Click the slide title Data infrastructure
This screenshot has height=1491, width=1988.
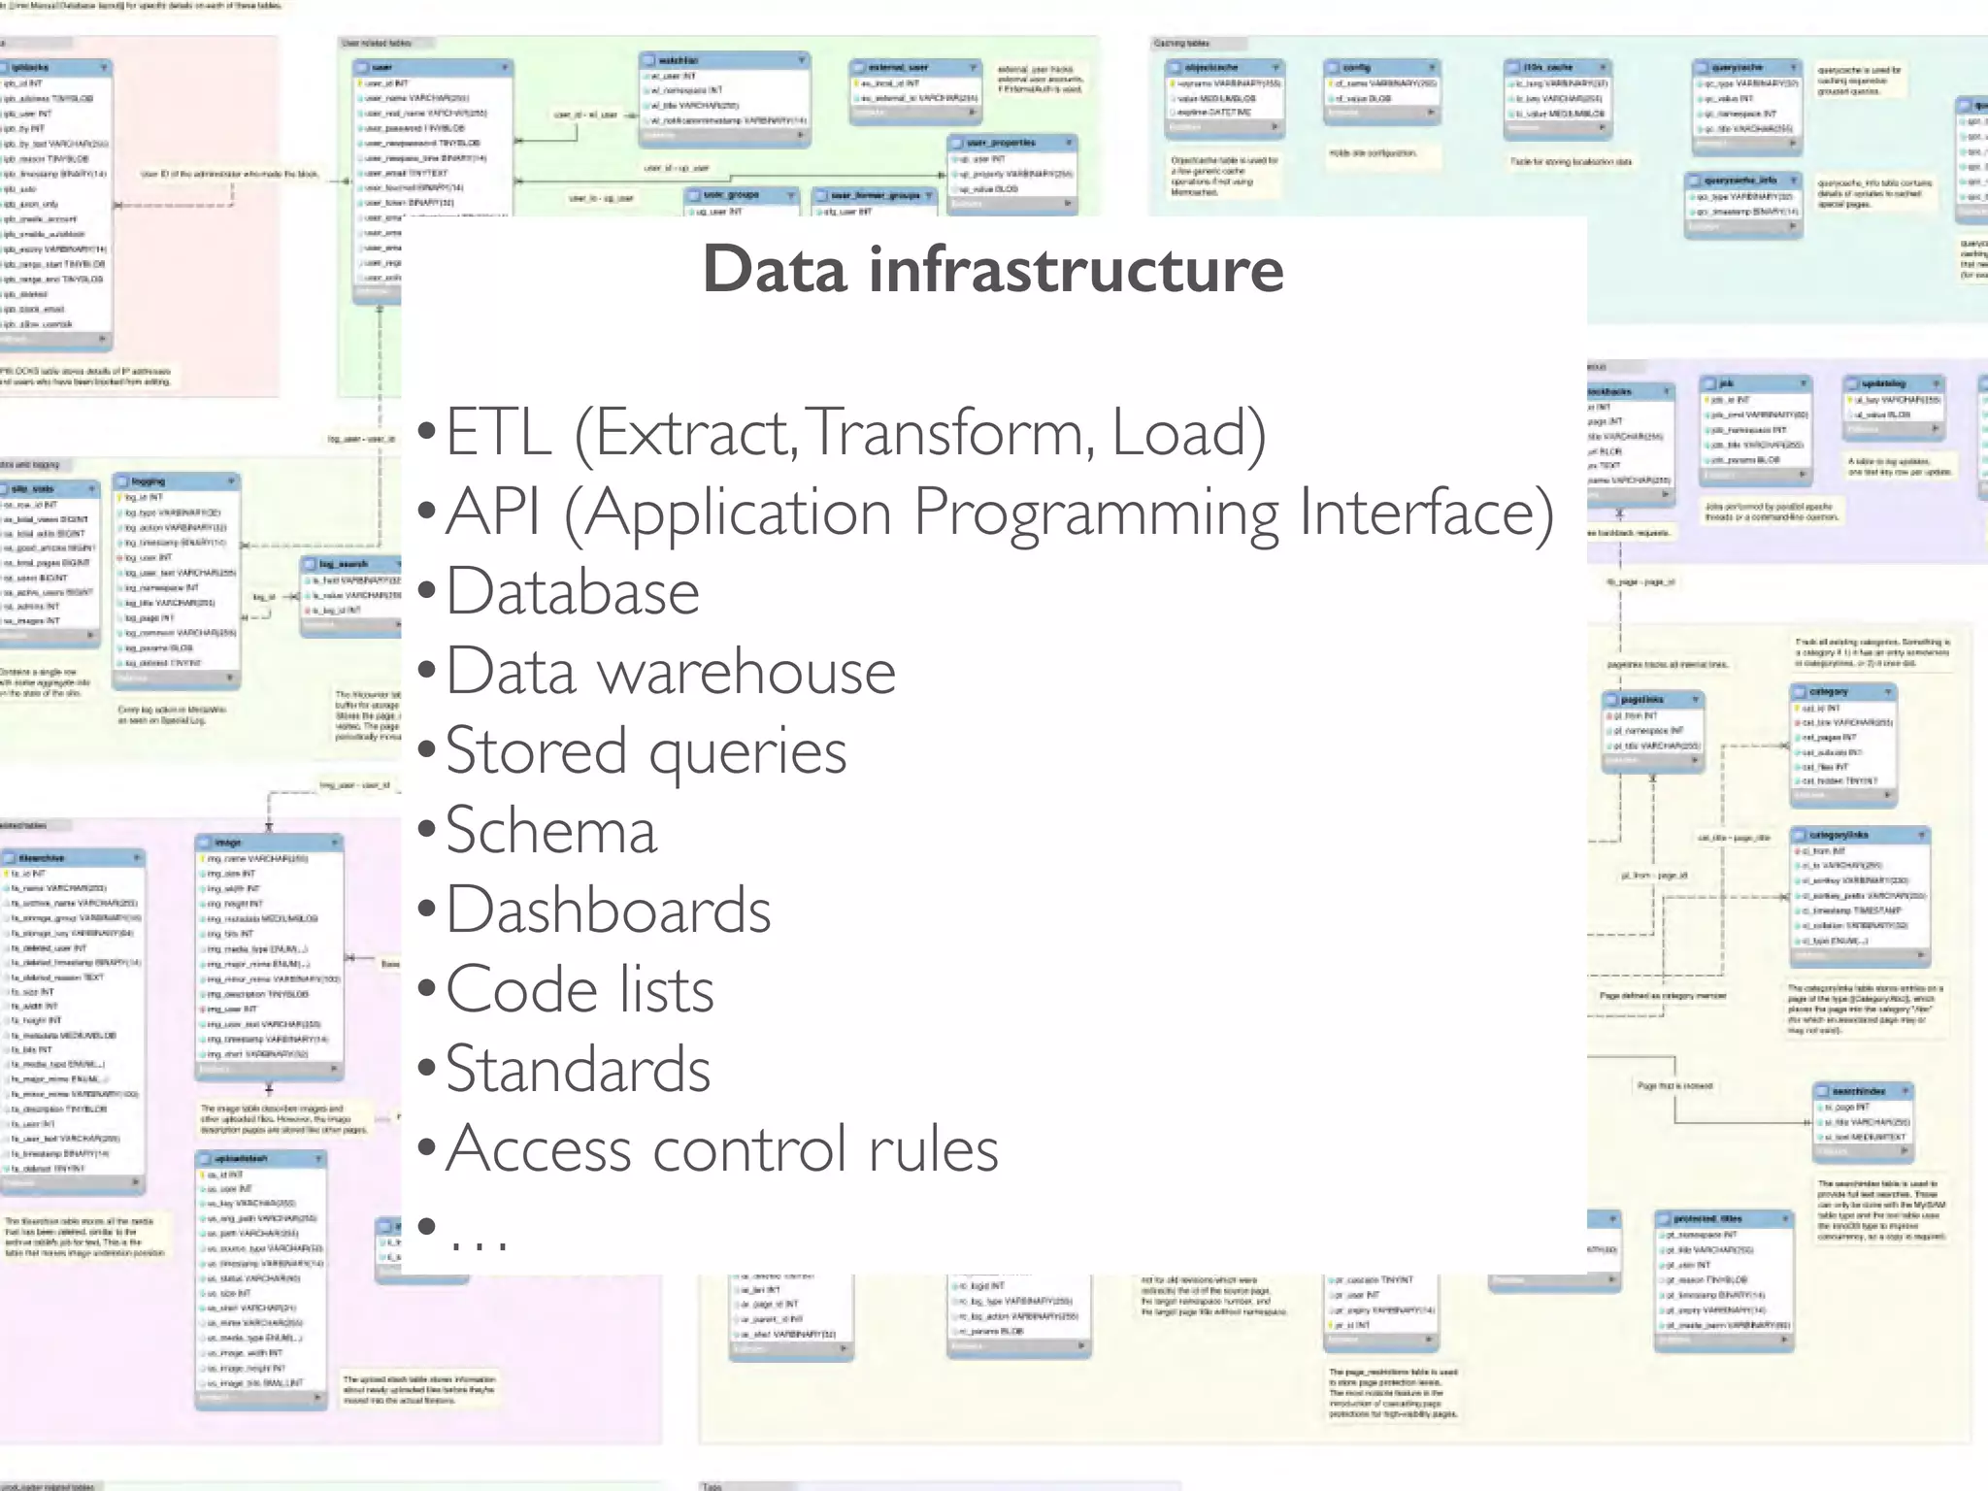pos(993,269)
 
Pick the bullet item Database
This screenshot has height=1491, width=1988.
pos(573,592)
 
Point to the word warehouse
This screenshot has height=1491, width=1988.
pos(745,672)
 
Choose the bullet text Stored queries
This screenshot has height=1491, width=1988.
pos(646,751)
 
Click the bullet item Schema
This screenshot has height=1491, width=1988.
pos(551,831)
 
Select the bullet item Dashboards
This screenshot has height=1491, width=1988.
pos(608,911)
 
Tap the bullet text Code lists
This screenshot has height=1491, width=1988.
pos(580,990)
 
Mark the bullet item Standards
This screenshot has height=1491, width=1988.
pos(579,1070)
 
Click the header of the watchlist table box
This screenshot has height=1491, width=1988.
pos(723,60)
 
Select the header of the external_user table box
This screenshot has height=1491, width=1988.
pos(912,67)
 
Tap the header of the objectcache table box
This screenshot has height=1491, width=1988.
pos(1223,67)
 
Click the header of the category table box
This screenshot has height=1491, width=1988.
pos(1841,692)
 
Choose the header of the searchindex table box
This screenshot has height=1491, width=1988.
pos(1862,1091)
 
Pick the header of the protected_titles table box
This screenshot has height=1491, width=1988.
pos(1722,1218)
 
